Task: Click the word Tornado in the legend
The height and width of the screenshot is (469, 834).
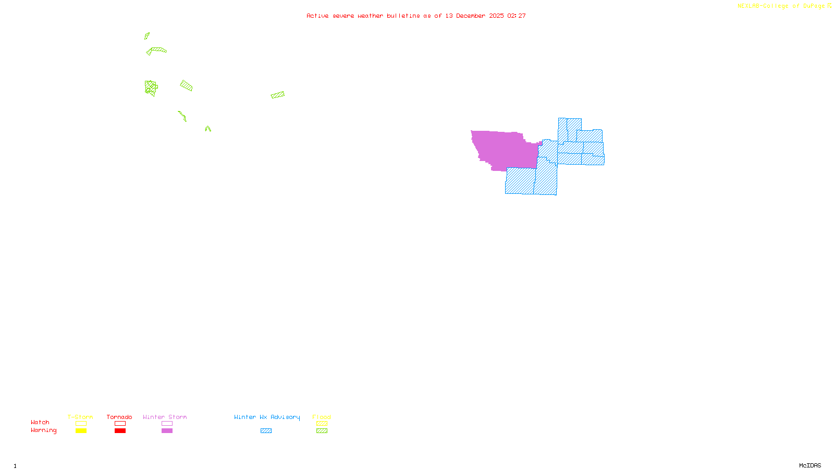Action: [119, 417]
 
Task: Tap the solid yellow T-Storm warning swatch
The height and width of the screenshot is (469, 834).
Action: [81, 431]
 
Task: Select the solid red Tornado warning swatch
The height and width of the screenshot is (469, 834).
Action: [120, 431]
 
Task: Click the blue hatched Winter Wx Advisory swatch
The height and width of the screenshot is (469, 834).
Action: [266, 431]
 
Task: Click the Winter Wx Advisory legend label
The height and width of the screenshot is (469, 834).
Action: [267, 417]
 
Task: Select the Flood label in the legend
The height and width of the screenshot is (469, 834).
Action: [322, 417]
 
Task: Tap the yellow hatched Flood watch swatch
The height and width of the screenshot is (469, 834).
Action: [322, 424]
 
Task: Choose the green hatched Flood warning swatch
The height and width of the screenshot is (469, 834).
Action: [322, 431]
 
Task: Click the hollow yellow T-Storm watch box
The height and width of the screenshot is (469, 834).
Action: [81, 424]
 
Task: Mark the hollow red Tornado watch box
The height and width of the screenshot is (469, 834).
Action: [120, 424]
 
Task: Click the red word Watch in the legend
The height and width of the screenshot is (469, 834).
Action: [40, 422]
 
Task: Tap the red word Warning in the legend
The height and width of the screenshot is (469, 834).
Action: [43, 430]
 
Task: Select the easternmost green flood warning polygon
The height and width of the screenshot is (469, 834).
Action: [278, 95]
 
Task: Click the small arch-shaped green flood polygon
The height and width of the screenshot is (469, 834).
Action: [208, 128]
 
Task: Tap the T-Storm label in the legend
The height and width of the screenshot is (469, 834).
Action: [80, 417]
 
